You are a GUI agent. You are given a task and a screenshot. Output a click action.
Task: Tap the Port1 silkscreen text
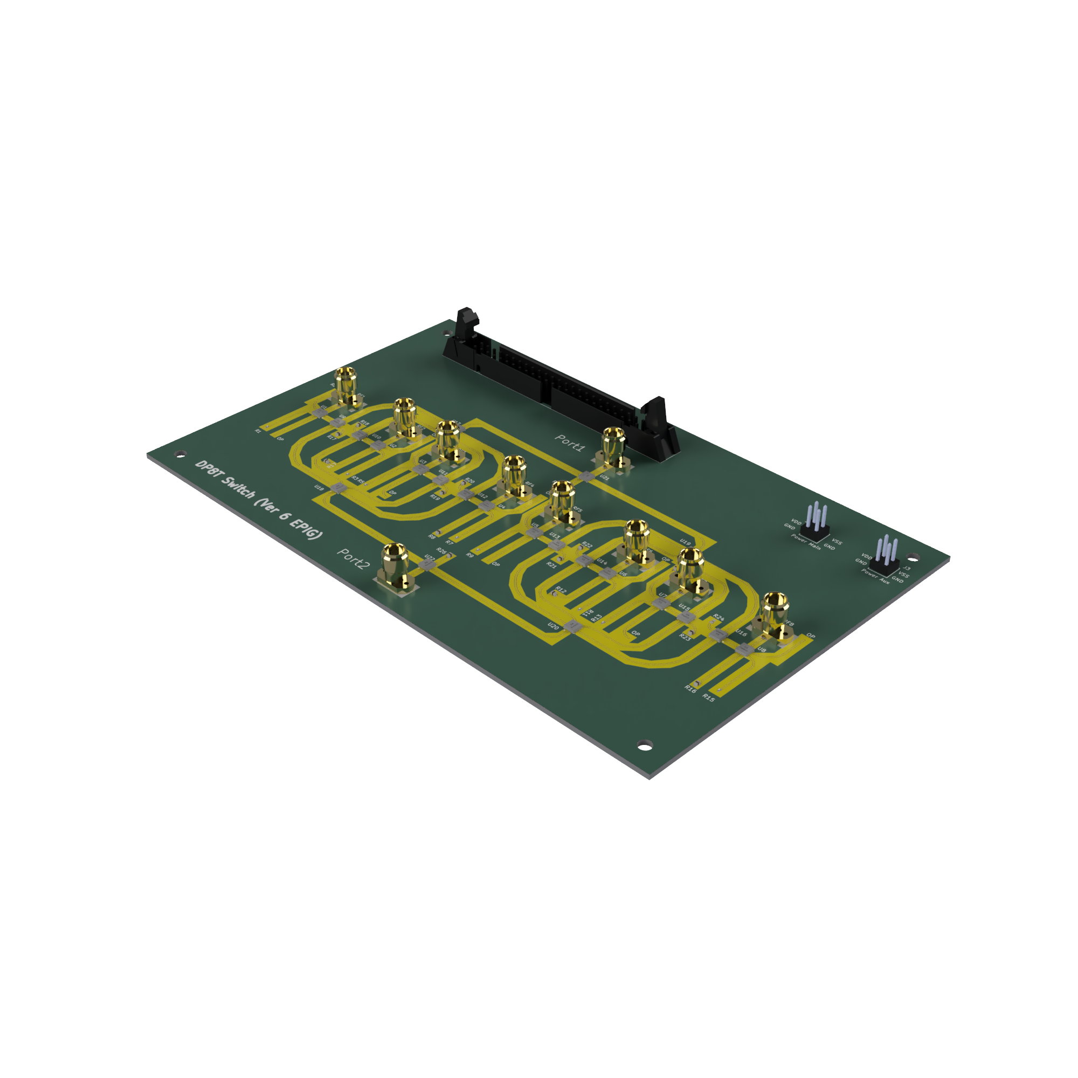[x=570, y=443]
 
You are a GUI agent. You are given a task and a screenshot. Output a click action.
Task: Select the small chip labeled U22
[x=427, y=565]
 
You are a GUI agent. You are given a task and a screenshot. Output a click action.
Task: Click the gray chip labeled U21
[x=587, y=475]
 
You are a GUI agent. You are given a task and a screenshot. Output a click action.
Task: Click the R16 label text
[x=690, y=688]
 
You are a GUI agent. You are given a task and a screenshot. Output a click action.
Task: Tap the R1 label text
[x=258, y=431]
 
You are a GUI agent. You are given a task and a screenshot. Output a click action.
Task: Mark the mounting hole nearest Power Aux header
[x=913, y=557]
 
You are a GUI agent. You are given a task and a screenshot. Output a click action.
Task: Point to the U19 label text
[x=686, y=542]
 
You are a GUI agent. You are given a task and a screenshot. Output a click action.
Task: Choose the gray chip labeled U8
[x=744, y=649]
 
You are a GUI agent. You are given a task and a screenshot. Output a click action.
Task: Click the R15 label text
[x=708, y=697]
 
